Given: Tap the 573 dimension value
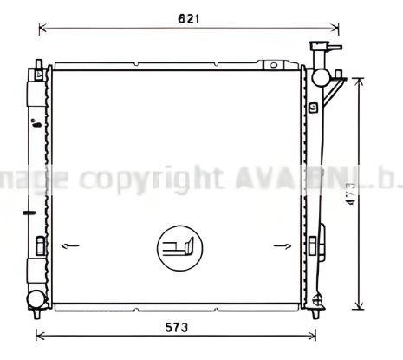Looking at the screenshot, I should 177,327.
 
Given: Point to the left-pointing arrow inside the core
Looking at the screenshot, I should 71,247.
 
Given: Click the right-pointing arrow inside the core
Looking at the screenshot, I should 282,247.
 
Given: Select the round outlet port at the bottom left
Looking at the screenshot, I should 35,299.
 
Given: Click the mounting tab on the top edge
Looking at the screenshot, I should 276,63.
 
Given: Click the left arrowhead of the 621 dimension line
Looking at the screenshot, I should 41,29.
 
